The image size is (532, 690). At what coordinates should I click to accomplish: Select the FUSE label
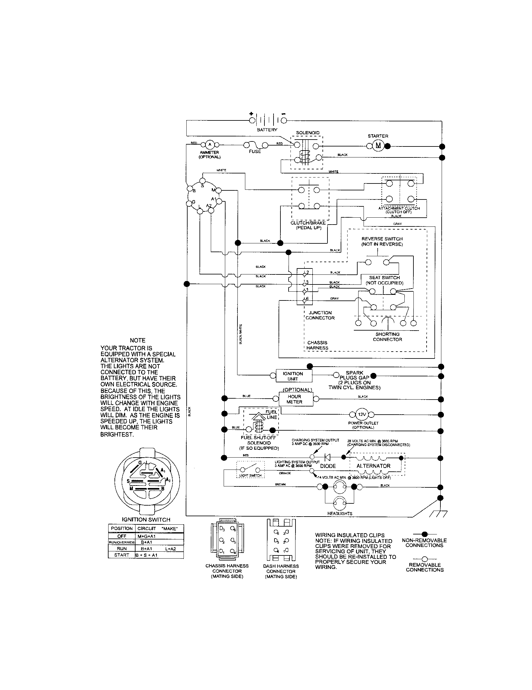tap(255, 152)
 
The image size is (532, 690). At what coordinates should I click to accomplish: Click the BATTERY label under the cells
tap(267, 130)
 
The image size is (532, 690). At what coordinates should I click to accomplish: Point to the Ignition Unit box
tap(293, 376)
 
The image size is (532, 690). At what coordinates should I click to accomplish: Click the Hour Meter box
tap(295, 399)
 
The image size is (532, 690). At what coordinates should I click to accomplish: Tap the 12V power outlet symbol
tap(361, 415)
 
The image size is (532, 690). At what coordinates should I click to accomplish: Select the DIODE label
tap(328, 466)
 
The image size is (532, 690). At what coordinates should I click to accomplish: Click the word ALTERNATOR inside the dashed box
tap(373, 466)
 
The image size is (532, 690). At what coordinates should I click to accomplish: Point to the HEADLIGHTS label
tap(340, 513)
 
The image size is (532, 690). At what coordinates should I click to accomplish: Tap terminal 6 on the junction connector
tap(305, 299)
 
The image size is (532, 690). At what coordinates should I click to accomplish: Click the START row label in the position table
tap(122, 555)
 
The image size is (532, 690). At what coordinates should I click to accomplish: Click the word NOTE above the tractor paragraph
tap(138, 340)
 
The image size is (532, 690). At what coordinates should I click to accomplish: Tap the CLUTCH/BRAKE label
tap(308, 223)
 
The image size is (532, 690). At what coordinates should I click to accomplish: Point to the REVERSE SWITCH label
tap(382, 239)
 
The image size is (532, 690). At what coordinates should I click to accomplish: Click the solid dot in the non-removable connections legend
tap(425, 534)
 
